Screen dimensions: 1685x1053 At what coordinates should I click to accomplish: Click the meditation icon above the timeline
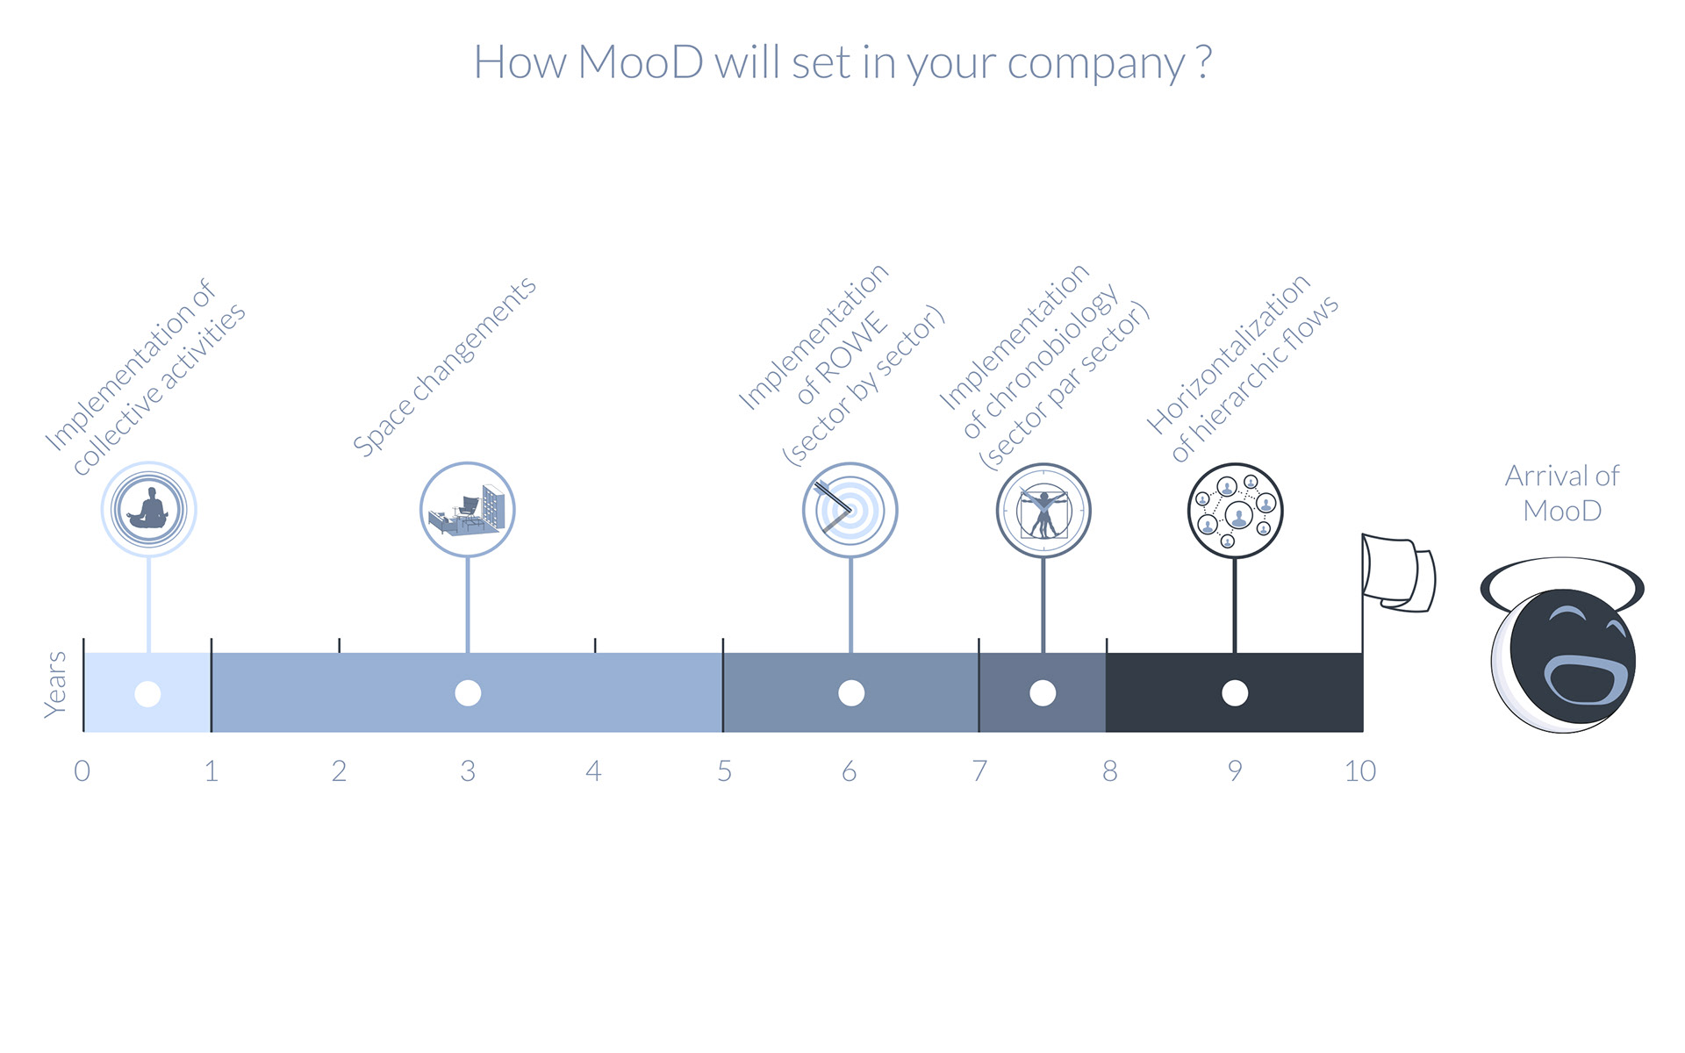tap(148, 509)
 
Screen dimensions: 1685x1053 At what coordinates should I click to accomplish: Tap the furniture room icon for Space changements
tap(467, 510)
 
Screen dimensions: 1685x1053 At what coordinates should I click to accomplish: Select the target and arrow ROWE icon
tap(850, 510)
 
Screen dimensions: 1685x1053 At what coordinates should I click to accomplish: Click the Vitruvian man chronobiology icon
tap(1043, 511)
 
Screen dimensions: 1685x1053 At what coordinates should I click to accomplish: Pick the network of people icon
tap(1235, 511)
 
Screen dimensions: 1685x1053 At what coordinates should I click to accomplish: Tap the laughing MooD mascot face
tap(1563, 660)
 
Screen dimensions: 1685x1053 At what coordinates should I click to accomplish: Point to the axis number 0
tap(82, 771)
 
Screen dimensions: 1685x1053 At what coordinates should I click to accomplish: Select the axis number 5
tap(724, 771)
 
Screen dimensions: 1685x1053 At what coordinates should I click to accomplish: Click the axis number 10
tap(1360, 771)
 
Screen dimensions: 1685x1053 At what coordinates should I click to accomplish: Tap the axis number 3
tap(468, 771)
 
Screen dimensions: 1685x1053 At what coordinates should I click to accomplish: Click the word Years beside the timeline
tap(54, 684)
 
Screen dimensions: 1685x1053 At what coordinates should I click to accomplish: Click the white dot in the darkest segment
tap(1235, 693)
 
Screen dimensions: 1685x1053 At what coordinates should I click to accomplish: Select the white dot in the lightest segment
tap(147, 694)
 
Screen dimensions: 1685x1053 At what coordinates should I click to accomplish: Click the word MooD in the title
tap(641, 62)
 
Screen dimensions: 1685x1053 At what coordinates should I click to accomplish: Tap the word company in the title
tap(1096, 65)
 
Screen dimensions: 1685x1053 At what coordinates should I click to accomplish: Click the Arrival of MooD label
tap(1562, 493)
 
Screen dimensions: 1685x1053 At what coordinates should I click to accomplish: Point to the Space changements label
tap(444, 367)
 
